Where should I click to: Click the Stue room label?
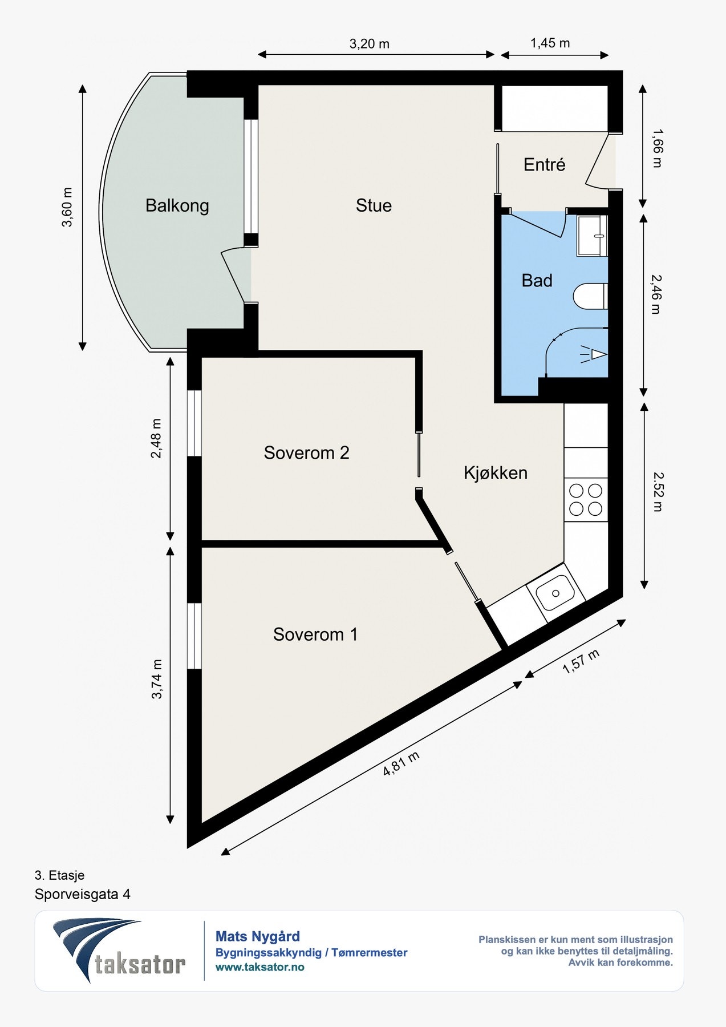pos(374,205)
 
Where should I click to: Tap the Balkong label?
pos(177,205)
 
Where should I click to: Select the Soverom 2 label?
pos(306,453)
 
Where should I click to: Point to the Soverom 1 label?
pos(315,634)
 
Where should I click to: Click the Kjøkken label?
pos(496,473)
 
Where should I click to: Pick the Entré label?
pos(545,165)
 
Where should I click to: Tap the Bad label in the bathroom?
pos(537,281)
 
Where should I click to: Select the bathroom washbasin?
pos(592,236)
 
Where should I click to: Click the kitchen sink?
pos(555,592)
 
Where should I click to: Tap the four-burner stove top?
pos(586,500)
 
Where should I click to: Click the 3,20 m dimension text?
pos(370,44)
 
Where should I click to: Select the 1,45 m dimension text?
pos(550,43)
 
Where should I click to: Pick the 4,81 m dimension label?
pos(401,763)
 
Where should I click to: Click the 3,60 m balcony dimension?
pos(67,207)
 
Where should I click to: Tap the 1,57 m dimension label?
pos(581,661)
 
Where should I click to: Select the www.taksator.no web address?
pos(260,967)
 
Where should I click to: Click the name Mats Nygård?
pos(258,937)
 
